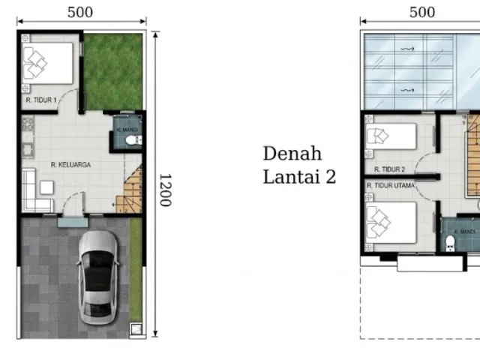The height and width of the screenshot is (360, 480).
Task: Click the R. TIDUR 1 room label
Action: [x=41, y=100]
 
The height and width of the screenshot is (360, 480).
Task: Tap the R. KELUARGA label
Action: [x=70, y=165]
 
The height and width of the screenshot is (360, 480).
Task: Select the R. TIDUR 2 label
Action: [x=389, y=169]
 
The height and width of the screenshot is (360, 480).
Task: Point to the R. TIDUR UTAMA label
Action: [x=391, y=185]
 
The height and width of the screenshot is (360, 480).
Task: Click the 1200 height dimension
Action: [x=166, y=190]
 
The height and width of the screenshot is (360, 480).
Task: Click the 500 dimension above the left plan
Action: [x=80, y=12]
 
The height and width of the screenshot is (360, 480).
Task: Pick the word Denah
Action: [x=292, y=153]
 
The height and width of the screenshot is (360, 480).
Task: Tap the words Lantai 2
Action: [x=299, y=177]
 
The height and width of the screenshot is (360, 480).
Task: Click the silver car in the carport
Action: [x=98, y=277]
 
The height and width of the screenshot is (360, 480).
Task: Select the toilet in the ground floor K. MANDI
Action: [x=133, y=140]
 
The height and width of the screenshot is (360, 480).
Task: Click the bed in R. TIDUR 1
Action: [x=48, y=63]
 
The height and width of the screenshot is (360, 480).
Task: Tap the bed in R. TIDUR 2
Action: [x=391, y=136]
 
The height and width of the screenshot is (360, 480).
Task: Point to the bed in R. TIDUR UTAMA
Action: [x=391, y=223]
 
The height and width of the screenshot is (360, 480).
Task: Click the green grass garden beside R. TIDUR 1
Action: [x=113, y=72]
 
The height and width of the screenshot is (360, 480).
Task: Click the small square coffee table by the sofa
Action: [x=46, y=187]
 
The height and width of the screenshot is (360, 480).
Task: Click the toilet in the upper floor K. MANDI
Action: [x=450, y=243]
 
